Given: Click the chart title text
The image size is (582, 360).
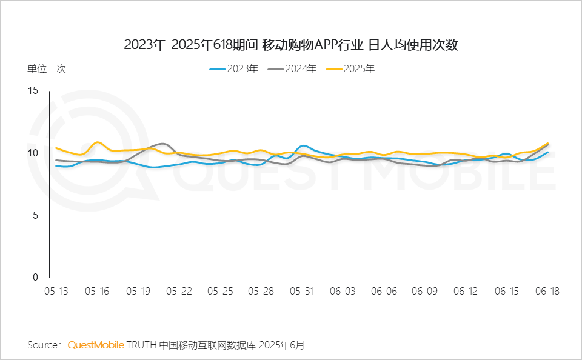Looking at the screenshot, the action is (x=290, y=45).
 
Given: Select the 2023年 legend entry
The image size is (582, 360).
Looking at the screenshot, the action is (x=234, y=69).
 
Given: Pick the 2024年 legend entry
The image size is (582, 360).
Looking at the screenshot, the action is (x=292, y=69).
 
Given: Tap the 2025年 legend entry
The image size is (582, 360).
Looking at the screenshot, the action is (x=350, y=69).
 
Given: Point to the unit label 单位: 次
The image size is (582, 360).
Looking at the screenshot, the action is (x=47, y=69).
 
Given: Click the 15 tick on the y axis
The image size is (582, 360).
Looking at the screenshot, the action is (x=33, y=90).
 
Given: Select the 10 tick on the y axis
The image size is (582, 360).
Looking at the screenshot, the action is (x=33, y=153).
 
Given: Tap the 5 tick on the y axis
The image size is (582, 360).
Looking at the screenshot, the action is (x=35, y=215).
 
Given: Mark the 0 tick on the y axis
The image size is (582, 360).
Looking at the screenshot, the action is (x=35, y=277).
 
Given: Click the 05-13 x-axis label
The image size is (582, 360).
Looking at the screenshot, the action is (x=56, y=292).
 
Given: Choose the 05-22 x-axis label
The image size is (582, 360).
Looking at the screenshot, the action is (x=179, y=292).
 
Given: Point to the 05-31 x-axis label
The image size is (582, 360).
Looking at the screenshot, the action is (x=302, y=292).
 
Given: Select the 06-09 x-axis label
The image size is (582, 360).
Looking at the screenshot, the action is (x=424, y=292).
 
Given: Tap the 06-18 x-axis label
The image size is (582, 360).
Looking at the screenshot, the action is (x=547, y=292).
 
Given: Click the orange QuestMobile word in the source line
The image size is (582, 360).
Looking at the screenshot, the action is (x=96, y=345).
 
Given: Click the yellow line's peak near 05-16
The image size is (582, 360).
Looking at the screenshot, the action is (x=98, y=142).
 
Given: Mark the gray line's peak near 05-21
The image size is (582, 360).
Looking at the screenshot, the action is (x=162, y=143).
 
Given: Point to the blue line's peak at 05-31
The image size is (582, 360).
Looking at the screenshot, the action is (x=303, y=145).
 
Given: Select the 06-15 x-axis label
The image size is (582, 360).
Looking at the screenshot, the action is (x=507, y=292).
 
